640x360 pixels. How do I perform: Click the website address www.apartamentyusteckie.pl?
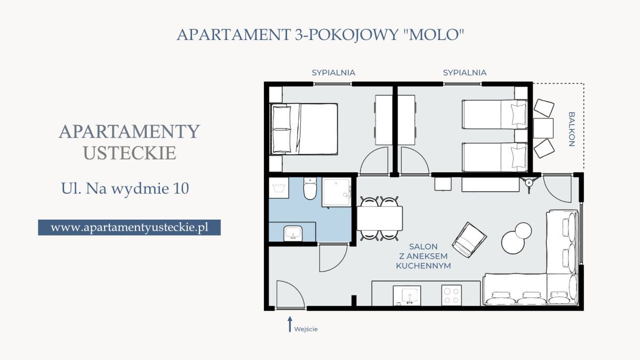(130, 227)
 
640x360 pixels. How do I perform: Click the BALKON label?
(571, 129)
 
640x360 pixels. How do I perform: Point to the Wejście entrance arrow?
(290, 324)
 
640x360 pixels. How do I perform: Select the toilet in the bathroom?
(310, 188)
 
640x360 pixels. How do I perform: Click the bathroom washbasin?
(293, 234)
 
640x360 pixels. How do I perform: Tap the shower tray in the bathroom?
(337, 192)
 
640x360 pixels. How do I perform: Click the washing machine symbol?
(278, 188)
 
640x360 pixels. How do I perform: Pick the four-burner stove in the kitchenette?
(451, 295)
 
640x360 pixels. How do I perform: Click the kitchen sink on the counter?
(407, 295)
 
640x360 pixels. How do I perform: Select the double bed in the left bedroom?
(304, 129)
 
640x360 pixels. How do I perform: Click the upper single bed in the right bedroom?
(495, 114)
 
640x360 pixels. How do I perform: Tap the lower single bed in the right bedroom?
(495, 157)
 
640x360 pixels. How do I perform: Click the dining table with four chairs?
(380, 218)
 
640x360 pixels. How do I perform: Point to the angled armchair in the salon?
(469, 239)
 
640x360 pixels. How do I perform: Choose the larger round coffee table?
(513, 242)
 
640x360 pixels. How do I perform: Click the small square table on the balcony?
(543, 129)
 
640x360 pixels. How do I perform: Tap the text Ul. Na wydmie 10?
(125, 188)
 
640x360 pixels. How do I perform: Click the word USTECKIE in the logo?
(130, 153)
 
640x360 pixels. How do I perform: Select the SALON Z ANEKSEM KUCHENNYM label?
(423, 256)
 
